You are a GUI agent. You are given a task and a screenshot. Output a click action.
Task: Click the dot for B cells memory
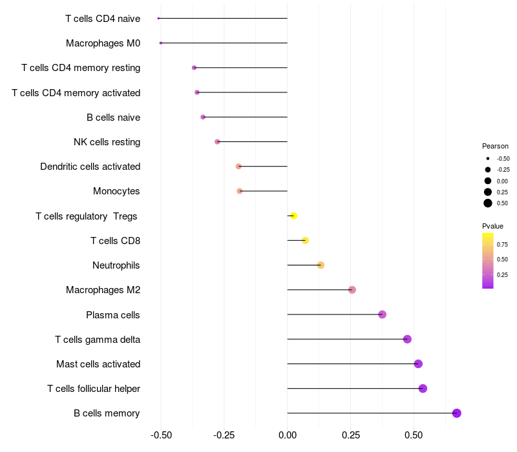point(456,413)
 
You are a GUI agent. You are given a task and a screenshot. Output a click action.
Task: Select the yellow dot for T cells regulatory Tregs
point(293,216)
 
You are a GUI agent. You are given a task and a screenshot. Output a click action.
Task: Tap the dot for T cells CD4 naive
point(158,18)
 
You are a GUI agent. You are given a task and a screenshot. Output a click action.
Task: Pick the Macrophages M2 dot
point(352,290)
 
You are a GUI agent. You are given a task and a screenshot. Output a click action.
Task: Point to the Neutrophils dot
point(321,265)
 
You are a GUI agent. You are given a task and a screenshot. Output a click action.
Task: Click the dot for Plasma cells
point(382,314)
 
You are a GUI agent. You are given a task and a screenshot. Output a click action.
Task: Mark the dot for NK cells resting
point(217,141)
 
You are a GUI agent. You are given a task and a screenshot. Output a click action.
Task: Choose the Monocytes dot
point(240,191)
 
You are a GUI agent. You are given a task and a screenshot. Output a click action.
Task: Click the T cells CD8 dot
point(305,240)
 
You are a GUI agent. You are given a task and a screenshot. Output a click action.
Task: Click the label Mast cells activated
point(98,364)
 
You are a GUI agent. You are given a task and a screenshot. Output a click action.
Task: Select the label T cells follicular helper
point(94,389)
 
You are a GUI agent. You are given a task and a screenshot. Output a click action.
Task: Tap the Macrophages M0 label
point(103,43)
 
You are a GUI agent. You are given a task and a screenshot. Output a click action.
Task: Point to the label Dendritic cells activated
point(90,167)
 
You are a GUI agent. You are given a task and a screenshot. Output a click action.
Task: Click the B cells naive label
point(113,118)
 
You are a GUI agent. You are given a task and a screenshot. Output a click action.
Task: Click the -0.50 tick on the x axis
point(161,436)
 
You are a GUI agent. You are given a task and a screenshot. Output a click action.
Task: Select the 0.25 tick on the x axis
point(350,436)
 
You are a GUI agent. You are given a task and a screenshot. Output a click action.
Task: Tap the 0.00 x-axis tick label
point(287,436)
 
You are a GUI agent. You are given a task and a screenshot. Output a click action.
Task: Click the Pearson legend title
point(495,146)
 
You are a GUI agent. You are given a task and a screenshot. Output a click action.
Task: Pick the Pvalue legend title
point(492,226)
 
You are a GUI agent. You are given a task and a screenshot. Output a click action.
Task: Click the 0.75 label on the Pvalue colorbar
point(502,245)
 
